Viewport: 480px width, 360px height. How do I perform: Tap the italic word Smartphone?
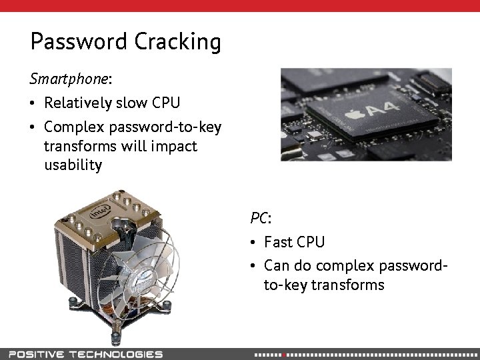(69, 79)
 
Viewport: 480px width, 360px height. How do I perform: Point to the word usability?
(73, 165)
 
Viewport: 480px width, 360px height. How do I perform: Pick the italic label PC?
(259, 218)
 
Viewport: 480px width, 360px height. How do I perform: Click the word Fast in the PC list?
(279, 241)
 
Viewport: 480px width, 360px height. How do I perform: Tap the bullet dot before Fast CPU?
(253, 242)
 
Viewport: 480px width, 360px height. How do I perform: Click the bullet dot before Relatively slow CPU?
(33, 103)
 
